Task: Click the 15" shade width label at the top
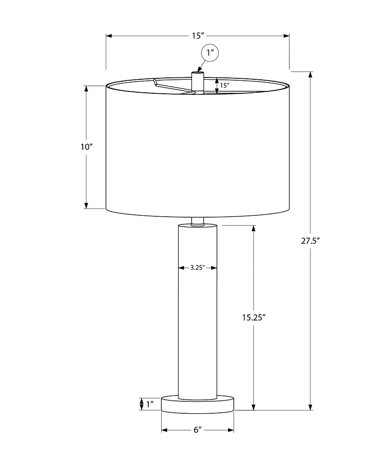[x=198, y=36]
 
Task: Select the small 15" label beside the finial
[x=224, y=85]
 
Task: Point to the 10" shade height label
[x=86, y=147]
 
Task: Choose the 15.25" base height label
[x=254, y=317]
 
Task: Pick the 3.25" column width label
[x=197, y=268]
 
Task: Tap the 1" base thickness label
[x=150, y=404]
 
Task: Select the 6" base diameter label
[x=197, y=430]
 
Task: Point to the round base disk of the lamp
[x=197, y=404]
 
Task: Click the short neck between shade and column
[x=197, y=221]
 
